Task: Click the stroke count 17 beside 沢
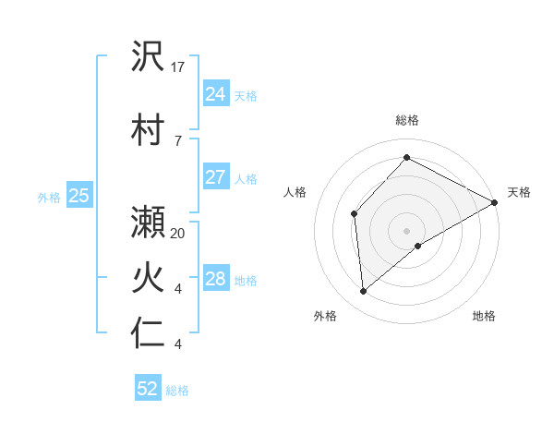[x=178, y=66]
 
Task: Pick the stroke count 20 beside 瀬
[x=178, y=234]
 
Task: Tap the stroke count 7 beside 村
[x=177, y=140]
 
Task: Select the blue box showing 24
[x=215, y=93]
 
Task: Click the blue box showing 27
[x=215, y=176]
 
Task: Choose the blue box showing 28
[x=215, y=279]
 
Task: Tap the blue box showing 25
[x=78, y=196]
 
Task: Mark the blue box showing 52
[x=148, y=389]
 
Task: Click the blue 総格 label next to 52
[x=177, y=391]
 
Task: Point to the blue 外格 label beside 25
[x=49, y=197]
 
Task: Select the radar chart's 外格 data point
[x=364, y=292]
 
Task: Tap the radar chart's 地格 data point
[x=418, y=246]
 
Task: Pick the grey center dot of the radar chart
[x=406, y=229]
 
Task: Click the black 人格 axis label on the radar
[x=295, y=192]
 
